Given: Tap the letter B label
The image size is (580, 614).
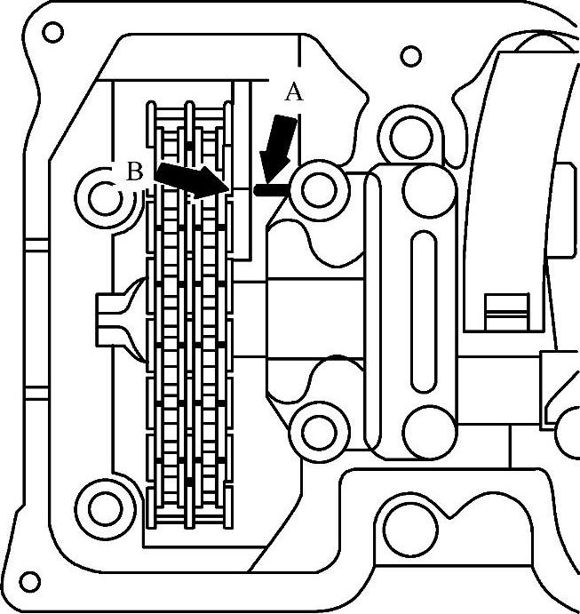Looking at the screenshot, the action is (133, 172).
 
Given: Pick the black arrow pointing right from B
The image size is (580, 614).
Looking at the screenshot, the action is (189, 179).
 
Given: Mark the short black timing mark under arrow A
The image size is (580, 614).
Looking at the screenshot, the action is (269, 189).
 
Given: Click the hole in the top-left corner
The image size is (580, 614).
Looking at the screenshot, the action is (52, 33).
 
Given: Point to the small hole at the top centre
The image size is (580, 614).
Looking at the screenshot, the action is (410, 56).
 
